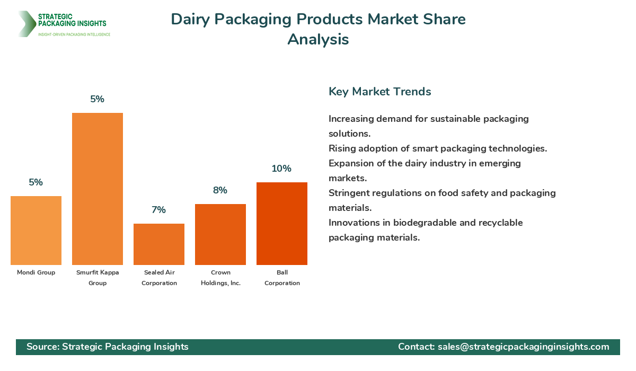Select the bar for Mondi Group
point(36,231)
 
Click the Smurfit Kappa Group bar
point(98,189)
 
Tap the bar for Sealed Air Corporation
point(159,244)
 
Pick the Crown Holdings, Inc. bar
point(220,234)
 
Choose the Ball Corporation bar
point(282,224)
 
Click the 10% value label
point(281,169)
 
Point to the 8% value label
point(220,190)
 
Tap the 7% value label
point(158,210)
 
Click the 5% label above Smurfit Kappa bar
point(98,99)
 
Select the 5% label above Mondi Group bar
point(36,182)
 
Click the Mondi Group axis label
point(36,272)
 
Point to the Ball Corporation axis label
point(282,278)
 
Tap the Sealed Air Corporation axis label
point(159,278)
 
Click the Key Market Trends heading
point(379,91)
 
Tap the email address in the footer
point(523,347)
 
